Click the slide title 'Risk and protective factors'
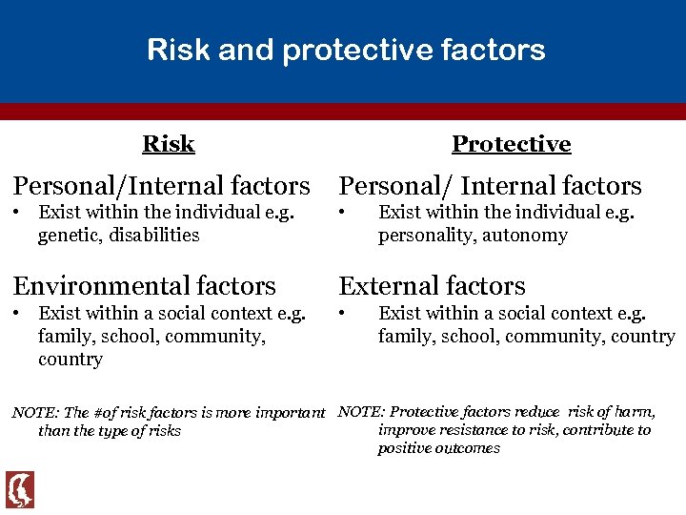pyautogui.click(x=346, y=50)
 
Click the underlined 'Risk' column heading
pyautogui.click(x=168, y=144)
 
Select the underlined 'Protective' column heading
pyautogui.click(x=511, y=144)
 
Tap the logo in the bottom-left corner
pyautogui.click(x=20, y=489)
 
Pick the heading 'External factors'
pyautogui.click(x=432, y=285)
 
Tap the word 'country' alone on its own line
pyautogui.click(x=70, y=360)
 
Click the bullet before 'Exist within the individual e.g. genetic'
pyautogui.click(x=16, y=213)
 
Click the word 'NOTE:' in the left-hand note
pyautogui.click(x=34, y=413)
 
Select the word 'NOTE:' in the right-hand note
pyautogui.click(x=362, y=412)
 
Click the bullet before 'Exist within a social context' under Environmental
pyautogui.click(x=16, y=314)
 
